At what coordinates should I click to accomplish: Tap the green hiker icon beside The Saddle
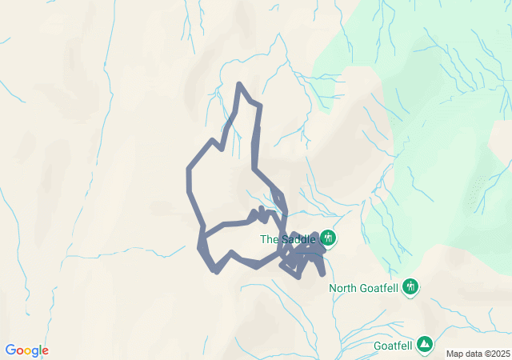[327, 238]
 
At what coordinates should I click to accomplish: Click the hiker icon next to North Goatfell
[411, 286]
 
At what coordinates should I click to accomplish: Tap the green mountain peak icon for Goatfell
[426, 344]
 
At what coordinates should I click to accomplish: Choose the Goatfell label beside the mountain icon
[393, 346]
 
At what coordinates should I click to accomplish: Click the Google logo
[26, 350]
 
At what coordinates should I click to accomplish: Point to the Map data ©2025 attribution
[478, 354]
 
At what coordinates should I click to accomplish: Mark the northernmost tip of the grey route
[238, 84]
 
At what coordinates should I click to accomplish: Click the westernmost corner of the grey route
[189, 170]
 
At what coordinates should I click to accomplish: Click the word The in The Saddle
[269, 239]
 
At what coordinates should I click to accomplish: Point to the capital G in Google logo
[10, 350]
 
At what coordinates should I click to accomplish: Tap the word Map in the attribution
[454, 354]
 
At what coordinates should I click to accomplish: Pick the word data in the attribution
[472, 354]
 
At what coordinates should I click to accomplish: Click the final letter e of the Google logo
[45, 351]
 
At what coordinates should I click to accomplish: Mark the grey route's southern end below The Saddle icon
[322, 274]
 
